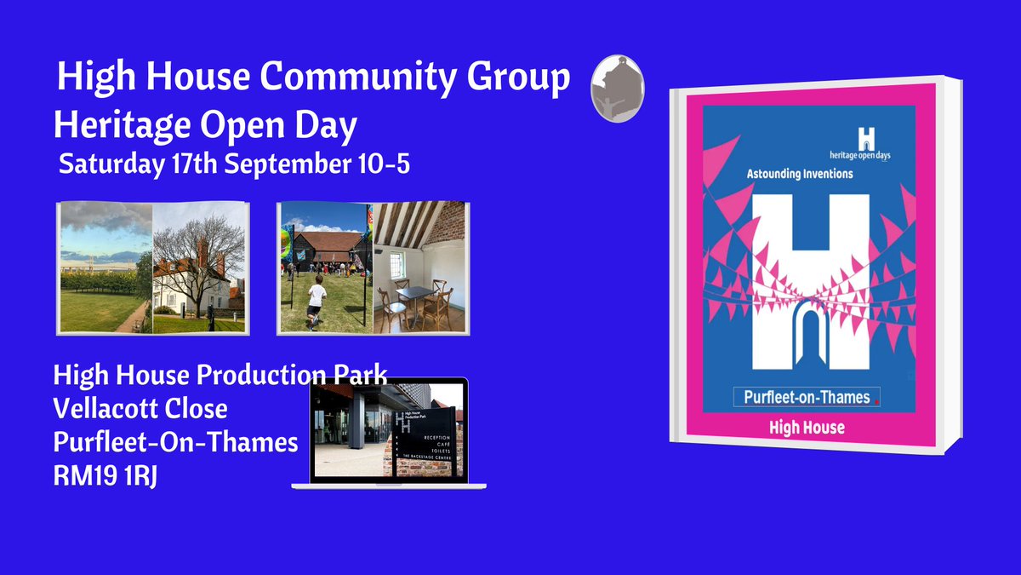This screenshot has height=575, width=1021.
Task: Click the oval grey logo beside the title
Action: [617, 89]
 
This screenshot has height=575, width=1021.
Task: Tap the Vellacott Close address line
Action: [140, 409]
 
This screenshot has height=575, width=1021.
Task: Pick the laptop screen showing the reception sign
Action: [389, 429]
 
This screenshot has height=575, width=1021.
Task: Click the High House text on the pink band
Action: [807, 427]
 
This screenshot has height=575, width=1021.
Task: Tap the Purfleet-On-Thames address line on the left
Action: [175, 443]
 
